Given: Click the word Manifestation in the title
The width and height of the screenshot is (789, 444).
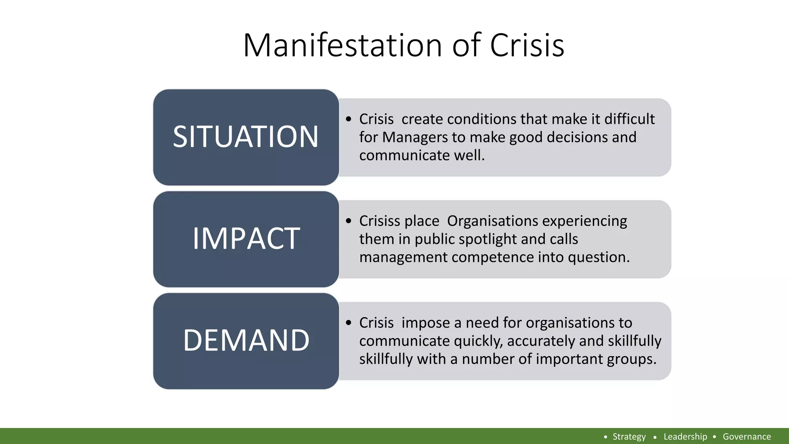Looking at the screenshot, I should point(342,45).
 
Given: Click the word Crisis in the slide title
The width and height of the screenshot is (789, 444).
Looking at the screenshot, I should point(527,45).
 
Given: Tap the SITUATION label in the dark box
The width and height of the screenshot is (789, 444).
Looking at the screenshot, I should point(246,137).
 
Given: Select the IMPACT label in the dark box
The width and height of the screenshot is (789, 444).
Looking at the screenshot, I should point(246,239).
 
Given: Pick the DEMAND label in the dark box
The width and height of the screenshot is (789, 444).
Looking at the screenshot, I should point(246,340).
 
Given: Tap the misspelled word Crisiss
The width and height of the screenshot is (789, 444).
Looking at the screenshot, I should point(379,221).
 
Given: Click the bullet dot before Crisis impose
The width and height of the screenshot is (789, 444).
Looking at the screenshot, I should point(349,323).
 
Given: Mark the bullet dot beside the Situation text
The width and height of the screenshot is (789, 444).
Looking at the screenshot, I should point(349,119).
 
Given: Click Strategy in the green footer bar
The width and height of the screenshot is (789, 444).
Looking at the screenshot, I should point(629,437).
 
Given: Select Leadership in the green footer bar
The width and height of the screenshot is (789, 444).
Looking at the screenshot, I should point(685,437).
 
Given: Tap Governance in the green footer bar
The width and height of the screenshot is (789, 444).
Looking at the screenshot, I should point(747,437).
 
